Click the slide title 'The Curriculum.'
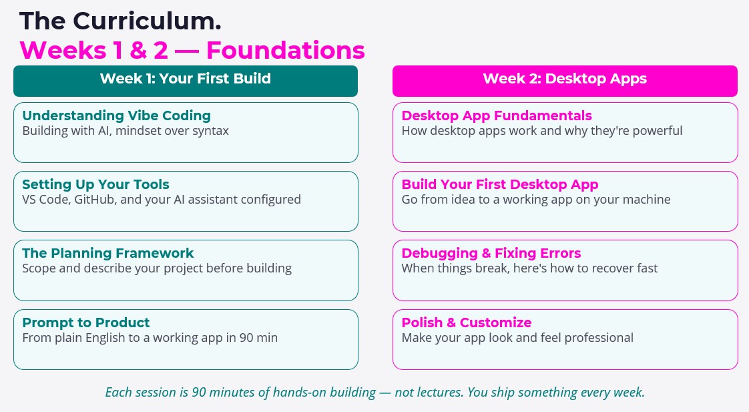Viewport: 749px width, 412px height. (x=120, y=21)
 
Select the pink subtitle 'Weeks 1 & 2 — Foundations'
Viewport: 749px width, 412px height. (x=192, y=50)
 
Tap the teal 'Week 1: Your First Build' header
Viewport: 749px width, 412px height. (x=186, y=79)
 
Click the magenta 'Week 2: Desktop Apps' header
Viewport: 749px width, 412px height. (x=565, y=79)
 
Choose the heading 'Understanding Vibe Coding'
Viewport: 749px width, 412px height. (x=116, y=116)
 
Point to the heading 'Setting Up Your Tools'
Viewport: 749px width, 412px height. (x=95, y=184)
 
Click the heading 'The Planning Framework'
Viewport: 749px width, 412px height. (x=107, y=253)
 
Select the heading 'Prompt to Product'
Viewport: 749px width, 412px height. (x=85, y=323)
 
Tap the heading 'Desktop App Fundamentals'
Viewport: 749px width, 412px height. (x=497, y=116)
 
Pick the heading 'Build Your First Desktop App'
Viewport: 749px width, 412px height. (x=499, y=184)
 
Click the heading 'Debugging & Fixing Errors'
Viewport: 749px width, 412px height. (x=491, y=253)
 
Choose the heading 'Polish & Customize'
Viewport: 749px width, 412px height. (x=466, y=323)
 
